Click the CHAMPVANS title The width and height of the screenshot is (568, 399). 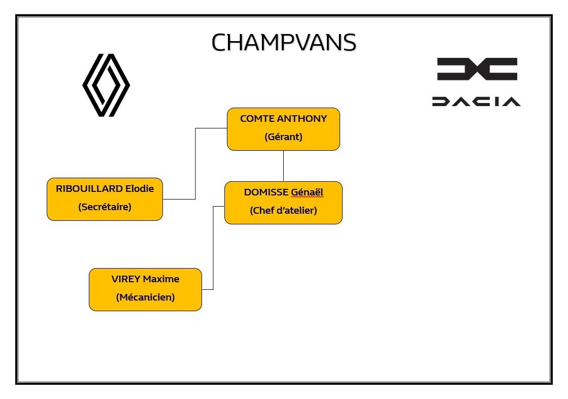point(284,43)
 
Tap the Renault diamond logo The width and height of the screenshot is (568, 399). point(106,85)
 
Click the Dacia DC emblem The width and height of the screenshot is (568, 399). point(477,69)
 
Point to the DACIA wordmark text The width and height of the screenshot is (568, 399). point(476,102)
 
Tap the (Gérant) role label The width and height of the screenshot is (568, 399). point(283,137)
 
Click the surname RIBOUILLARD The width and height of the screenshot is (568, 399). point(89,188)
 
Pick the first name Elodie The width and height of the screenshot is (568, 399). point(140,188)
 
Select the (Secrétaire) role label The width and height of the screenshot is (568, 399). point(105,207)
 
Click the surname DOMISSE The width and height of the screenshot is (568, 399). point(266,192)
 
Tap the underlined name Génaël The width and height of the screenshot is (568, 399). point(307,192)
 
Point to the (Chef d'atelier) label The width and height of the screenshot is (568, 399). point(283,211)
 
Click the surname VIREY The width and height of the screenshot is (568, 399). point(126,279)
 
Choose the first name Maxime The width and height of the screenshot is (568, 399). point(161,279)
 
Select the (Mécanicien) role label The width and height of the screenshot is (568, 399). point(145,297)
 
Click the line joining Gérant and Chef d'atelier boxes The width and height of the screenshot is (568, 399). point(283,166)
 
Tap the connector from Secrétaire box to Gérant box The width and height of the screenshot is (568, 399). point(195,163)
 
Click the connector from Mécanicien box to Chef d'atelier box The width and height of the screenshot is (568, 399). point(213,248)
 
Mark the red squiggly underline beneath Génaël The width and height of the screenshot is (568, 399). point(307,197)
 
